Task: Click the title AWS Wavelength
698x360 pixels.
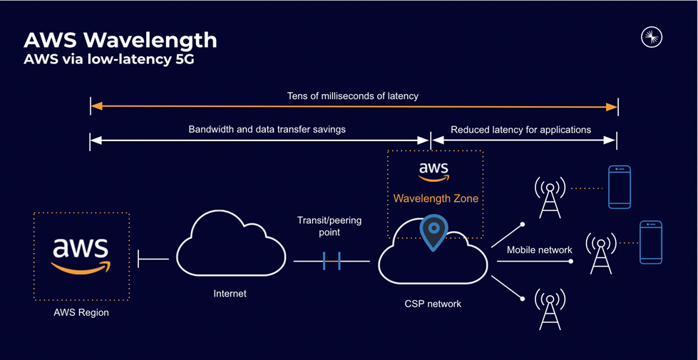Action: tap(120, 39)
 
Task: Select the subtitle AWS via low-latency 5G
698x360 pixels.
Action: tap(109, 59)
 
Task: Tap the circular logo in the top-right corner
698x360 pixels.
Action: tap(652, 37)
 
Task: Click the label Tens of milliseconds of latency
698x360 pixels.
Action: tap(353, 96)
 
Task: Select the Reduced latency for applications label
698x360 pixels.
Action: tap(520, 130)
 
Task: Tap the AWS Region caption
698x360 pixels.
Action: tap(81, 312)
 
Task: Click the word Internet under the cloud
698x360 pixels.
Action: tap(230, 293)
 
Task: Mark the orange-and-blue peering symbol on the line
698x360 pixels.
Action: tap(331, 261)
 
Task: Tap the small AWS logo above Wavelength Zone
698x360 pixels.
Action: tap(433, 171)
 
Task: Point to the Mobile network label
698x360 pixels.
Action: tap(539, 250)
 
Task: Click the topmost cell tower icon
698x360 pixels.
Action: tap(550, 197)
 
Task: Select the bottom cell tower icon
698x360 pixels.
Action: tap(550, 307)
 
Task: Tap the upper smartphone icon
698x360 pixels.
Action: tap(619, 187)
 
